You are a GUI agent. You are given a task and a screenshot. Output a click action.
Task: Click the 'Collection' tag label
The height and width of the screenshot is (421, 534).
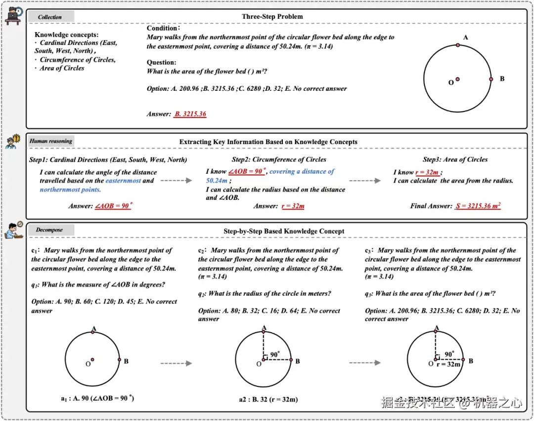tap(50, 17)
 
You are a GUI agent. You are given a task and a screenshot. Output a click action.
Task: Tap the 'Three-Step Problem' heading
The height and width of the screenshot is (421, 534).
tap(272, 16)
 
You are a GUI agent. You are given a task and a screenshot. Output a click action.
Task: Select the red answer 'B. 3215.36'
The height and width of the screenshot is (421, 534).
tap(190, 114)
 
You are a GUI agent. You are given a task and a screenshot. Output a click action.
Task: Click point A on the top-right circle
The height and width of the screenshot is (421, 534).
tap(458, 45)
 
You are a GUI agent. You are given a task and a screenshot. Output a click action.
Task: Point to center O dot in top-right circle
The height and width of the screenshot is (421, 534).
tap(457, 79)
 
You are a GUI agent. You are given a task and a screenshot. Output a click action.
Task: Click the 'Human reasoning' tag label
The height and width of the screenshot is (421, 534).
tap(50, 141)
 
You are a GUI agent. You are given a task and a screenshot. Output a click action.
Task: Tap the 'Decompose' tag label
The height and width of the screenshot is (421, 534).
tap(49, 230)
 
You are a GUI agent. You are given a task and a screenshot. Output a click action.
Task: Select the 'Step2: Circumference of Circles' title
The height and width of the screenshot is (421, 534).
tap(279, 159)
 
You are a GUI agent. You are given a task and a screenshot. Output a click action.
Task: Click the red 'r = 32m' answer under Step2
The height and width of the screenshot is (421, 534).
tap(293, 206)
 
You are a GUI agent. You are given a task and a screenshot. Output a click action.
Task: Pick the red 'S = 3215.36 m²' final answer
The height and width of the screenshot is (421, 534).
tap(477, 206)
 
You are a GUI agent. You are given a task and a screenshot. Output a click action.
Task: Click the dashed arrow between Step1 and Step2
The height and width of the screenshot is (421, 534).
tap(176, 181)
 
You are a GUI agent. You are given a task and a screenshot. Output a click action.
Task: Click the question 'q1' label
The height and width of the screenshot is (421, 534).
tap(36, 285)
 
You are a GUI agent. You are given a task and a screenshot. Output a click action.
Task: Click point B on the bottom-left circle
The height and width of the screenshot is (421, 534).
tap(120, 360)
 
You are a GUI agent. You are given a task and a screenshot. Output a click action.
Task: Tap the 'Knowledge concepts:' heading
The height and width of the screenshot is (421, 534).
tap(67, 35)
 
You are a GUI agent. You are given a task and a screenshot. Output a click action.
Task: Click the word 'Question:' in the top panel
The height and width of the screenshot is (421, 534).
tap(161, 62)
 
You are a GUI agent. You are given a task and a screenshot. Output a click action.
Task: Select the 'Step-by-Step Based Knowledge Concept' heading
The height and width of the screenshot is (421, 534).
tap(284, 231)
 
